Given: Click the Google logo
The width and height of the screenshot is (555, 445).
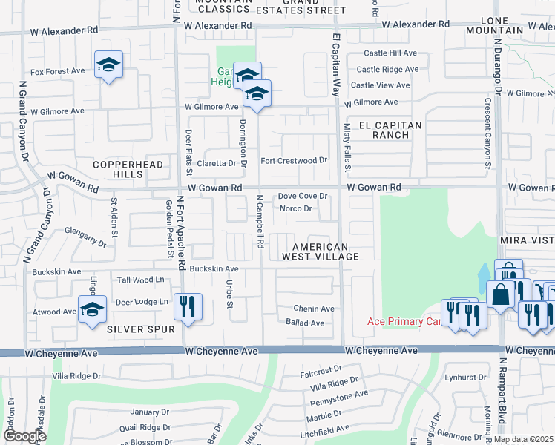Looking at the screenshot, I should tap(24, 436).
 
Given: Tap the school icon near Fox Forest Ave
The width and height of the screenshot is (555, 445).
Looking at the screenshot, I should tap(108, 66).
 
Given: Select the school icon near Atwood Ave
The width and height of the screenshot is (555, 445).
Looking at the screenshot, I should tap(92, 311).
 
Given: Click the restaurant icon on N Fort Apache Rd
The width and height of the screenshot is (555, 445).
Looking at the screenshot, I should tap(187, 306).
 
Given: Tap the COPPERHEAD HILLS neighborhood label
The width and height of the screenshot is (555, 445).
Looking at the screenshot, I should tap(118, 168).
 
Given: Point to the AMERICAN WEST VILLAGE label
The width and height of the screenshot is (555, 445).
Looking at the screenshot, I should tap(320, 251).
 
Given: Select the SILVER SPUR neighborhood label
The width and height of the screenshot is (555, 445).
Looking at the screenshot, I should tap(134, 328).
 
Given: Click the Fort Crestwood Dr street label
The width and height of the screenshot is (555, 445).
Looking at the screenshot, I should tap(294, 161).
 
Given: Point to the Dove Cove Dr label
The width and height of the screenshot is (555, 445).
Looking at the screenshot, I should tap(303, 196).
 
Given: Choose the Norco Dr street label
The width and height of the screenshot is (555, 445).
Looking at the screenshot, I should tap(295, 208).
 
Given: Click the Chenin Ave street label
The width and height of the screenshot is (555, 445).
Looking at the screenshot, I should tap(314, 309).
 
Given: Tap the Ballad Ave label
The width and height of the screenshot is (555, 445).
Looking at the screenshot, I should tap(305, 323).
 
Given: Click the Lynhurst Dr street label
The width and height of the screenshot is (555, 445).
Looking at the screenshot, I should tap(464, 377).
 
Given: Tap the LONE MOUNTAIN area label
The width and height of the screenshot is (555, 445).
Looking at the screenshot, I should tap(495, 25).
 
